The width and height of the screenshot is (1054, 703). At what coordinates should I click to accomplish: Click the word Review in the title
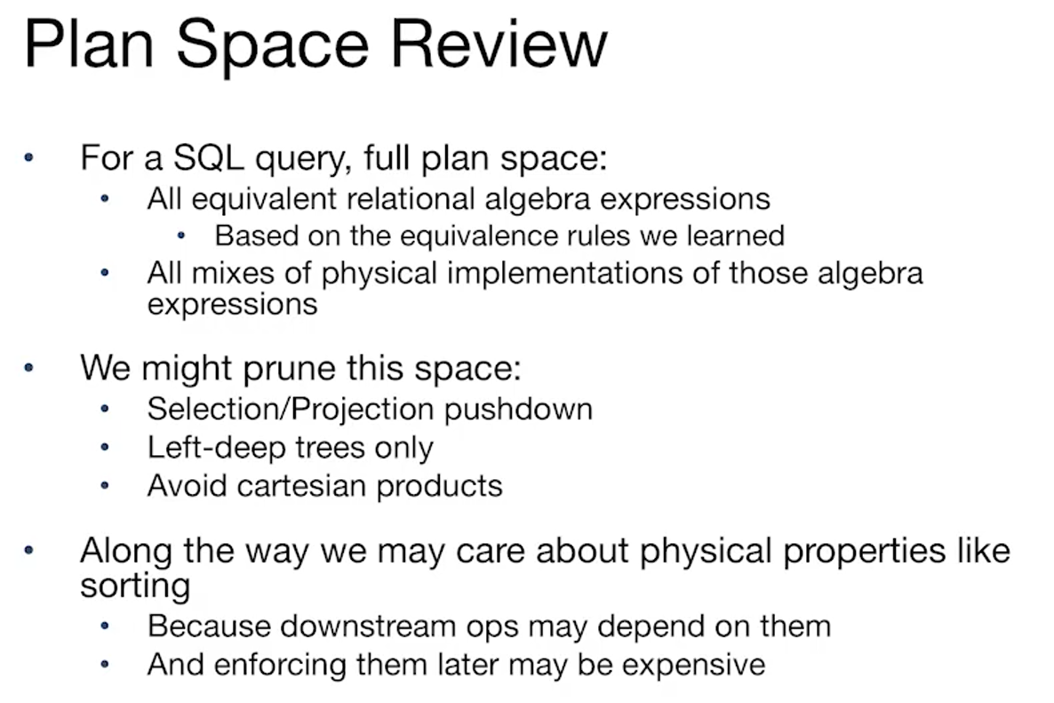click(499, 45)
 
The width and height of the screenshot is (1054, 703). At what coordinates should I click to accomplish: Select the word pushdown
click(518, 410)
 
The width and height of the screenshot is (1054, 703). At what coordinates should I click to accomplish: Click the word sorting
click(135, 586)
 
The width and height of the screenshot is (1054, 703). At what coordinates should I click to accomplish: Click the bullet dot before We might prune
click(28, 368)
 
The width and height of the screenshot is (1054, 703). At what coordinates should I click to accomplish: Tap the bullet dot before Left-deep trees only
click(104, 447)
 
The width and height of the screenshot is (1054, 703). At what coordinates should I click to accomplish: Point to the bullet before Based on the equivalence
click(180, 236)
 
